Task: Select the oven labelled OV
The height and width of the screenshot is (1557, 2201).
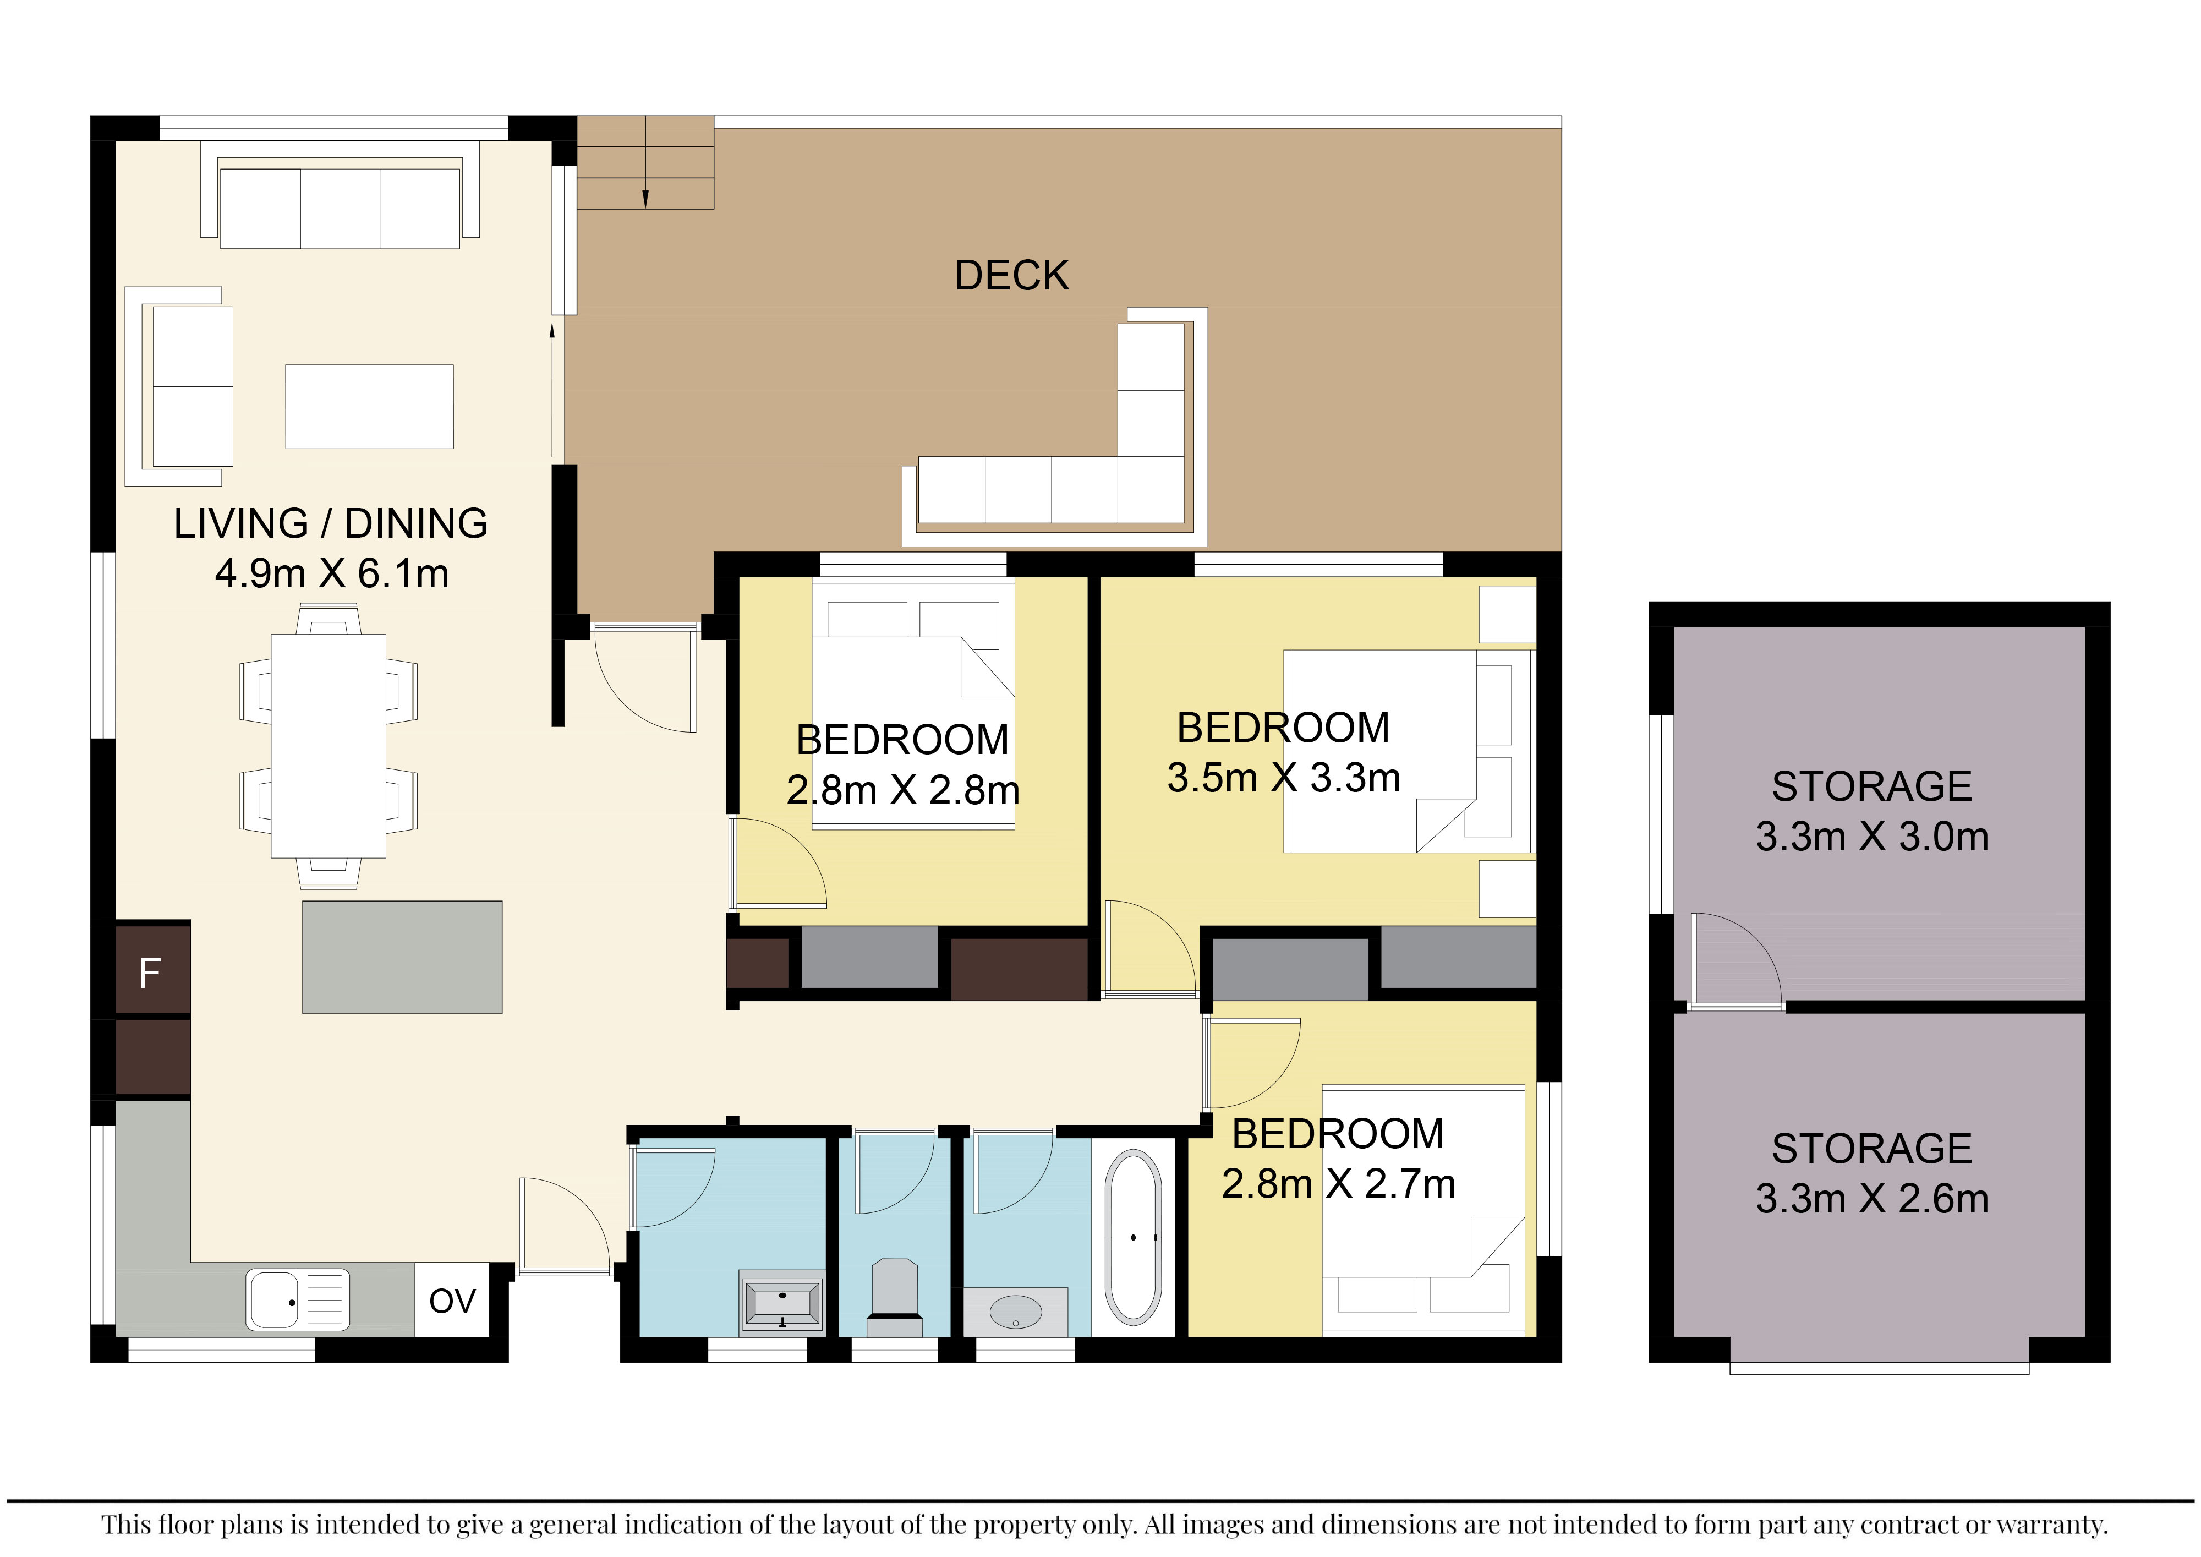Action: [x=452, y=1300]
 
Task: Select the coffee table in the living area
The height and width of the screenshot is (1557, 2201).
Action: [x=369, y=407]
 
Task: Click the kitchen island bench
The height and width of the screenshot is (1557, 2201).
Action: [x=402, y=957]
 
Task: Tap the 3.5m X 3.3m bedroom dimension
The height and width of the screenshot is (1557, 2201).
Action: [x=1284, y=778]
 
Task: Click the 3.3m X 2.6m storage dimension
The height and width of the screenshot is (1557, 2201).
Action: [x=1872, y=1198]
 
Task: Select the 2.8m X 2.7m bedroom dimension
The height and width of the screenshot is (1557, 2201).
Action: [x=1338, y=1184]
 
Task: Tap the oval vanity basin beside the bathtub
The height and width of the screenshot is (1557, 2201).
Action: [x=1015, y=1312]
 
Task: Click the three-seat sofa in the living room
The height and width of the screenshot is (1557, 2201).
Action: [x=340, y=196]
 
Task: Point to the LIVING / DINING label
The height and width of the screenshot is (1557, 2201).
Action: [x=331, y=523]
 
